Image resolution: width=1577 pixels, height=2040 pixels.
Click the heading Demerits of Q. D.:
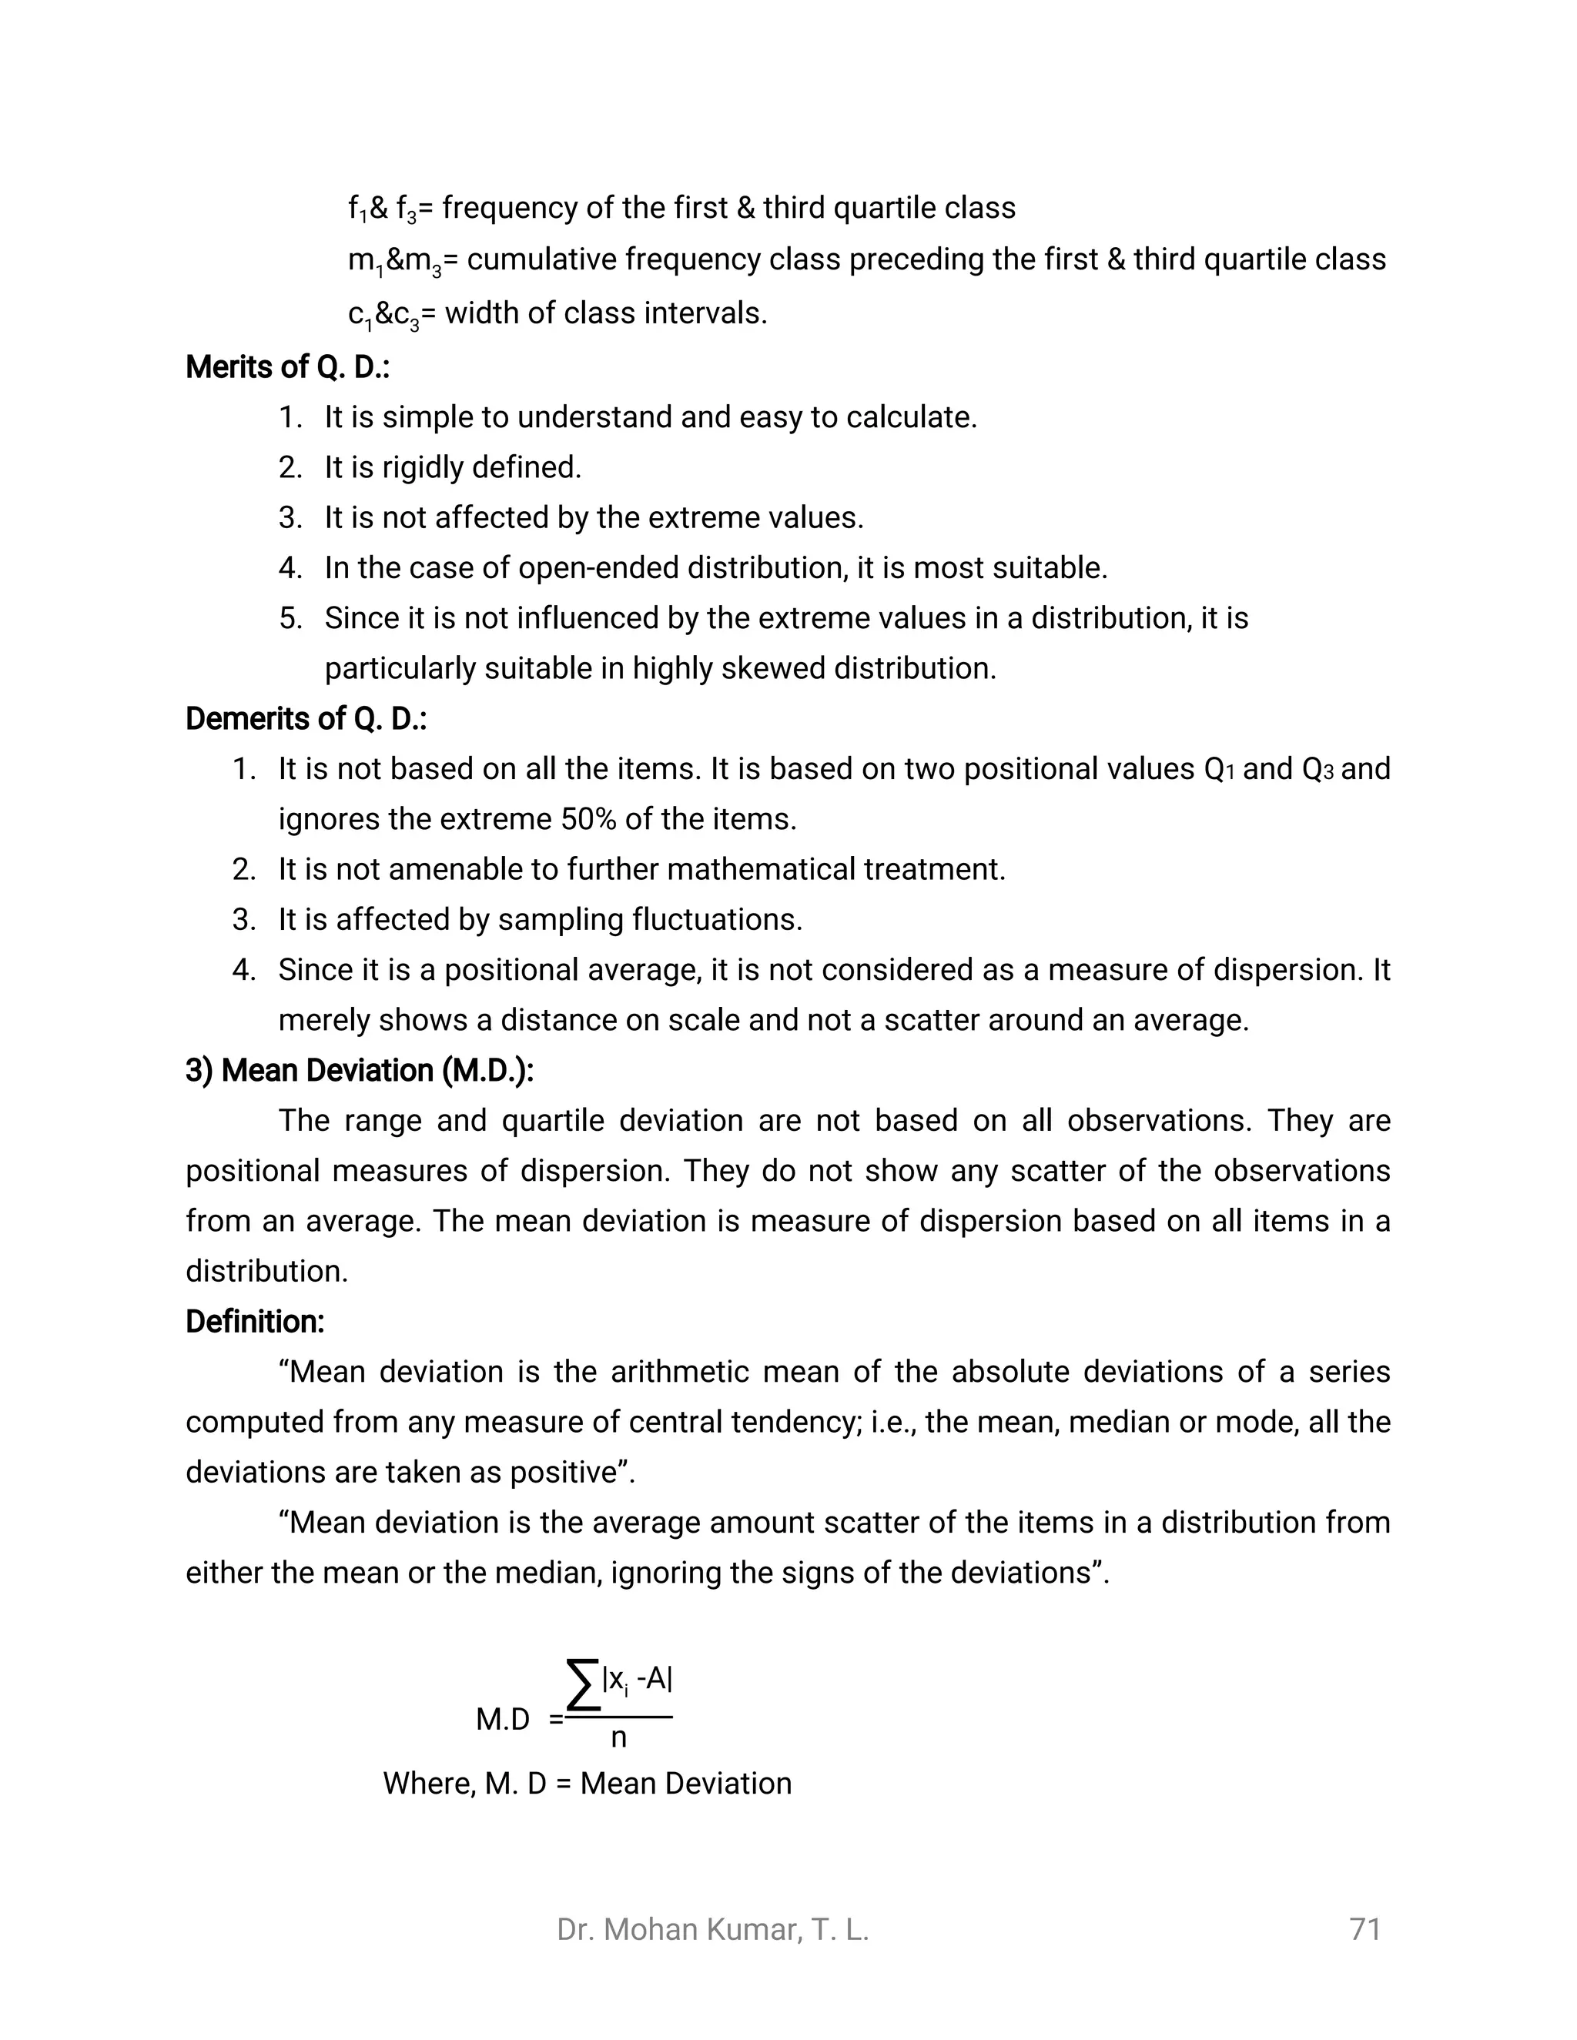pos(306,718)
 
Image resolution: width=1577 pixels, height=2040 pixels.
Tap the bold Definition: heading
pos(255,1322)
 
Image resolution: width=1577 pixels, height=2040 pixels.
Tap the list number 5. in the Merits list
pos(290,618)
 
